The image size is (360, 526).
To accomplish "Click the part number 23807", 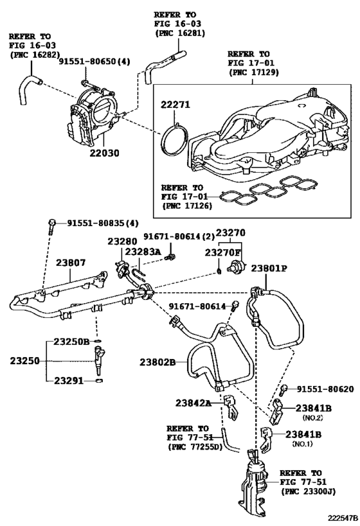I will (x=71, y=263).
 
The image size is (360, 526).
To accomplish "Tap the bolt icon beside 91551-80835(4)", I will (x=51, y=224).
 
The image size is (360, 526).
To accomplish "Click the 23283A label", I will (x=145, y=252).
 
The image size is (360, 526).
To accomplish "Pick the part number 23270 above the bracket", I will (x=230, y=232).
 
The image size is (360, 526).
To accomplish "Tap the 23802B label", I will (x=157, y=362).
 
